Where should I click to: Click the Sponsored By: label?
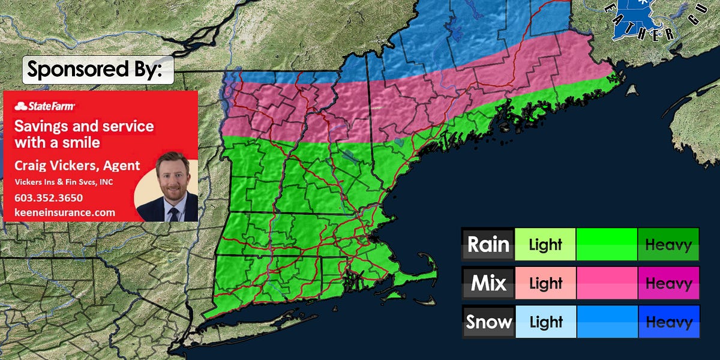coord(98,70)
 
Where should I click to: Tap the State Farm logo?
coord(45,106)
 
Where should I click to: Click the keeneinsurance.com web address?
coord(65,212)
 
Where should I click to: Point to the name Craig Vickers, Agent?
coord(77,166)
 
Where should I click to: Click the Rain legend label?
coord(488,244)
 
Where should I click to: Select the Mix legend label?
coord(488,283)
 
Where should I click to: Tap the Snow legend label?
coord(488,322)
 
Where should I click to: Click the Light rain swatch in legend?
coord(545,244)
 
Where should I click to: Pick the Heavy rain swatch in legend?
coord(668,244)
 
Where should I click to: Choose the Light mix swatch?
coord(545,283)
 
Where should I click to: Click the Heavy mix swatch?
coord(668,283)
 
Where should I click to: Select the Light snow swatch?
coord(545,322)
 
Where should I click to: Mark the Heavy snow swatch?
coord(668,322)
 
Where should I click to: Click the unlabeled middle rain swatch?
coord(607,244)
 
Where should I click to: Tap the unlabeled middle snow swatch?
coord(607,322)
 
